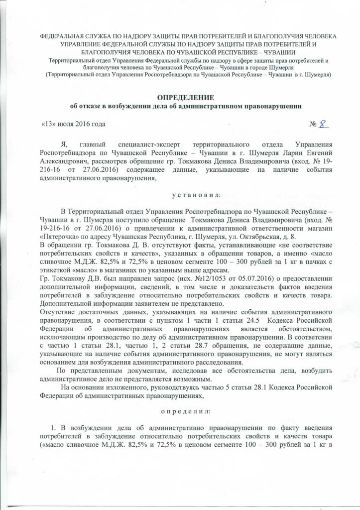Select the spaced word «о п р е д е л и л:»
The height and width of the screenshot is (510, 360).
click(x=180, y=411)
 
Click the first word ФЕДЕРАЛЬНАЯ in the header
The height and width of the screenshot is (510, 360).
click(x=63, y=36)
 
